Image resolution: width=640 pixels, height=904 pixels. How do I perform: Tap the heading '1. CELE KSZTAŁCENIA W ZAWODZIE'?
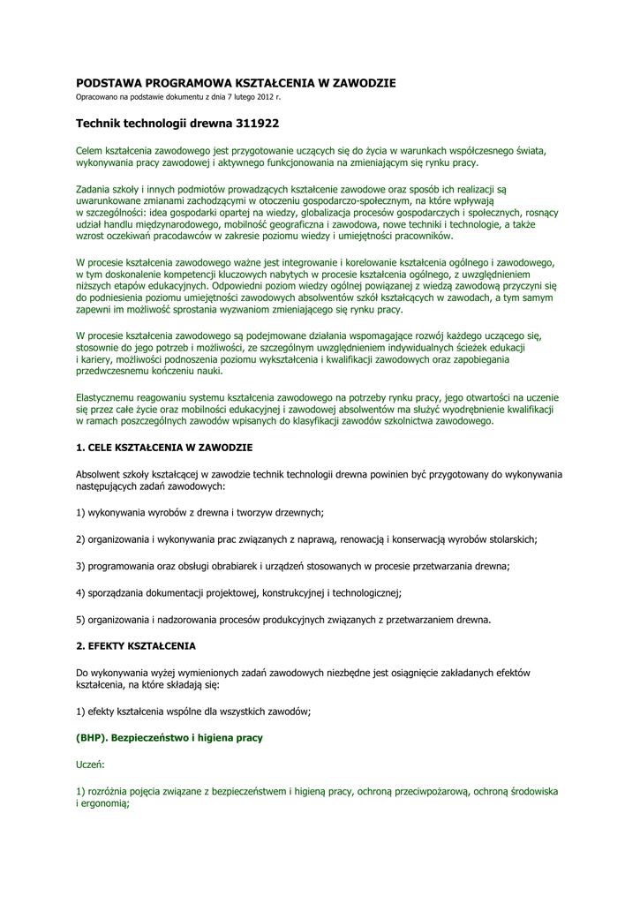[x=164, y=448]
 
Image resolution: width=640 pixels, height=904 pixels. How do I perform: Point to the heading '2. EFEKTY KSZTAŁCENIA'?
[x=136, y=645]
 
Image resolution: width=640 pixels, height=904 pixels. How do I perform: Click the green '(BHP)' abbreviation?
[x=91, y=736]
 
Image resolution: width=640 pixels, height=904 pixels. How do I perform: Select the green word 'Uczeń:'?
[x=90, y=764]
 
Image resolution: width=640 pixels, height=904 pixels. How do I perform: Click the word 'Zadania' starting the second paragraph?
[x=95, y=189]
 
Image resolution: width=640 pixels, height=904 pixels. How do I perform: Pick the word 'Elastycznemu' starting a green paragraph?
[x=106, y=398]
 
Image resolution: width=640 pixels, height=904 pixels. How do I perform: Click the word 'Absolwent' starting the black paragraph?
[x=100, y=474]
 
